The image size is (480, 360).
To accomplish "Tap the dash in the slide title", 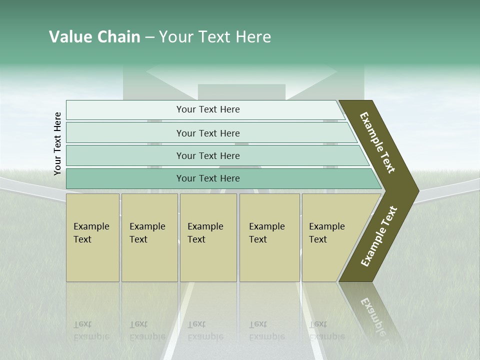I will tap(149, 37).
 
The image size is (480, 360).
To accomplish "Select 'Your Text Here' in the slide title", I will tap(215, 37).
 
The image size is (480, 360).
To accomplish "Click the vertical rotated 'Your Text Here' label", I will tap(57, 143).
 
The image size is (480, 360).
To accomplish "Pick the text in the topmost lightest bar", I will tap(208, 109).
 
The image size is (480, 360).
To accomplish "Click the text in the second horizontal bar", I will tap(208, 133).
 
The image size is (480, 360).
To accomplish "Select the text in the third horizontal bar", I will tap(208, 156).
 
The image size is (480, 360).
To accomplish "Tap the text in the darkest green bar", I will tap(208, 178).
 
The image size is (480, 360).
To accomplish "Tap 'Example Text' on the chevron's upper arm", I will tap(377, 142).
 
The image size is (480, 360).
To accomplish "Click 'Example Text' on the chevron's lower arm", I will tap(379, 236).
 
